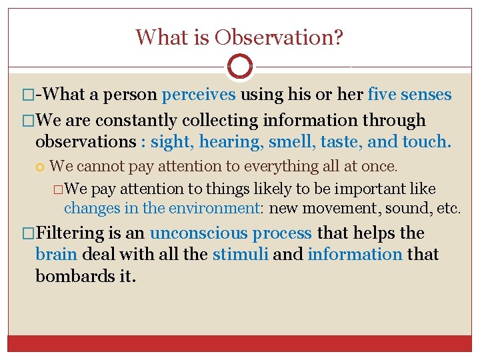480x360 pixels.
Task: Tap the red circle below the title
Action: pos(240,67)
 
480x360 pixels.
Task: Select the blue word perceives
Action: pos(199,95)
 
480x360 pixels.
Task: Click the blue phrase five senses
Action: pos(409,95)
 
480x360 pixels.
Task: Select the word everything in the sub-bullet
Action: pos(247,165)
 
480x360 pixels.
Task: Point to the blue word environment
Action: pos(213,208)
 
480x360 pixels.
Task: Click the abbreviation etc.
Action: pos(447,208)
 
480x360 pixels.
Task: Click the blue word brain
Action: pos(57,255)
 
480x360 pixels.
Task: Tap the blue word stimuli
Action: pos(241,255)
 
